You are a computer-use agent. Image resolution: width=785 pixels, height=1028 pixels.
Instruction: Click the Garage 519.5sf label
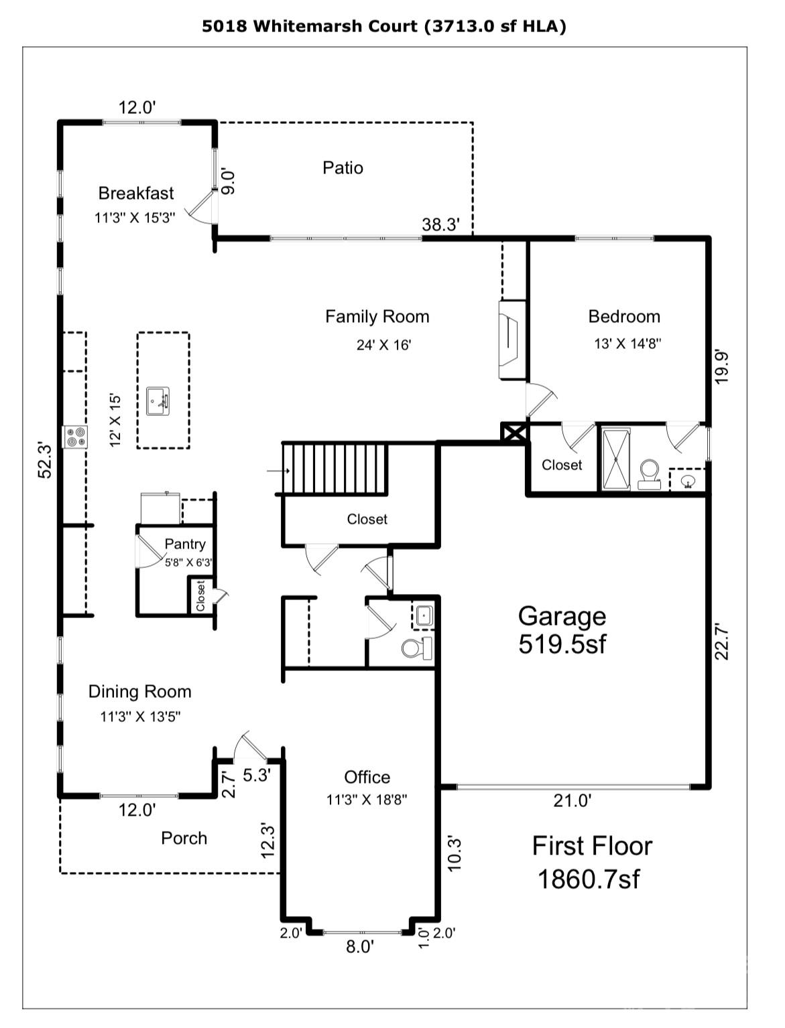click(x=562, y=630)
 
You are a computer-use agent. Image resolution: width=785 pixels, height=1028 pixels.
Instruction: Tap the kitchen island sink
click(x=158, y=401)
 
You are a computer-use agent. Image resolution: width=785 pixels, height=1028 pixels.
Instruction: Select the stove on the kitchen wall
click(x=75, y=437)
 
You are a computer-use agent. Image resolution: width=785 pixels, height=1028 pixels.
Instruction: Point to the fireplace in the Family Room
click(x=511, y=340)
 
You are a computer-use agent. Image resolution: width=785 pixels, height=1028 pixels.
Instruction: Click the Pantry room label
click(x=184, y=544)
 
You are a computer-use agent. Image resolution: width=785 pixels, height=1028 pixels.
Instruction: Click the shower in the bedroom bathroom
click(x=616, y=459)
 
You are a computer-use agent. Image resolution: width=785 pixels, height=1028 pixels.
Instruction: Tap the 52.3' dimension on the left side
click(x=45, y=459)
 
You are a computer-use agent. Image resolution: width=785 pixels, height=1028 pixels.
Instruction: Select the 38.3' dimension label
click(x=440, y=225)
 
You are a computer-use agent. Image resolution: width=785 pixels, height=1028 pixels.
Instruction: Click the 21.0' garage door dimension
click(x=572, y=800)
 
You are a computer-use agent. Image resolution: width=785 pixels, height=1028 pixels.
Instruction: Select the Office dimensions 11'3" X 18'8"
click(x=367, y=799)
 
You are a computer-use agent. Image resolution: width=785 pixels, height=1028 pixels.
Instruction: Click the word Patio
click(x=343, y=167)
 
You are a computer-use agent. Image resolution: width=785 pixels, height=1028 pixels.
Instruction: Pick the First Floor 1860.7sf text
click(x=591, y=862)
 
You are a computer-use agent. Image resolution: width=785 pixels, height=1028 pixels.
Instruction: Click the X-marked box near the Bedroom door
click(x=515, y=432)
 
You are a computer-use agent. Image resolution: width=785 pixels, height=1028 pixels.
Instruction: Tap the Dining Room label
click(x=139, y=691)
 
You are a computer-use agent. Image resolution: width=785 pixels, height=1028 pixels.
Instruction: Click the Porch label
click(x=184, y=838)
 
